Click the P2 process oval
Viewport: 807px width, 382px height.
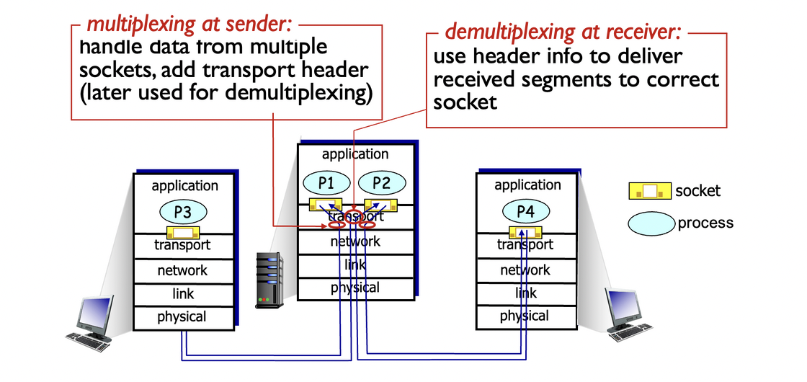pos(382,183)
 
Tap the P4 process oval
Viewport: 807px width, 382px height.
pos(525,211)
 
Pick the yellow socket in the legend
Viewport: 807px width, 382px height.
pos(649,191)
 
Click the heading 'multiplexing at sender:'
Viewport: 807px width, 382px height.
pos(189,24)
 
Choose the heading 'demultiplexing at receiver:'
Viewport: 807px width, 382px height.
pos(563,32)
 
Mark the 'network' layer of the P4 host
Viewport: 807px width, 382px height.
pos(525,270)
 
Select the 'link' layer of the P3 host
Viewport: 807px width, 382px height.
pos(182,294)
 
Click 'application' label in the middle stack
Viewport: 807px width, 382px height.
pos(355,154)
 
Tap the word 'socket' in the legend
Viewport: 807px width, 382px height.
pos(697,191)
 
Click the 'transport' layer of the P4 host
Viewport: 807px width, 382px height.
pos(525,245)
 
